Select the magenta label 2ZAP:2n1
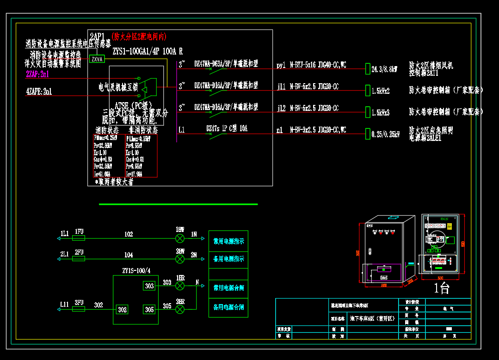(37, 74)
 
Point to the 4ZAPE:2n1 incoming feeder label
(39, 92)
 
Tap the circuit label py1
(281, 66)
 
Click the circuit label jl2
(281, 109)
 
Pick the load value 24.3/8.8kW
(384, 69)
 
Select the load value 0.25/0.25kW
(385, 134)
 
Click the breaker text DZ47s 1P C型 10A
(227, 128)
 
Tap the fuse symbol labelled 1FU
(79, 238)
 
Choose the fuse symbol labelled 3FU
(79, 309)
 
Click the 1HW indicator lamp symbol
(180, 238)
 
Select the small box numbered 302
(122, 309)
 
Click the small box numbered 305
(149, 309)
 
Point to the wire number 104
(129, 255)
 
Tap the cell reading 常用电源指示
(228, 241)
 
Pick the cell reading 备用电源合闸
(228, 307)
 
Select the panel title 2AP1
(98, 36)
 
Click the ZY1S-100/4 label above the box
(136, 271)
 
